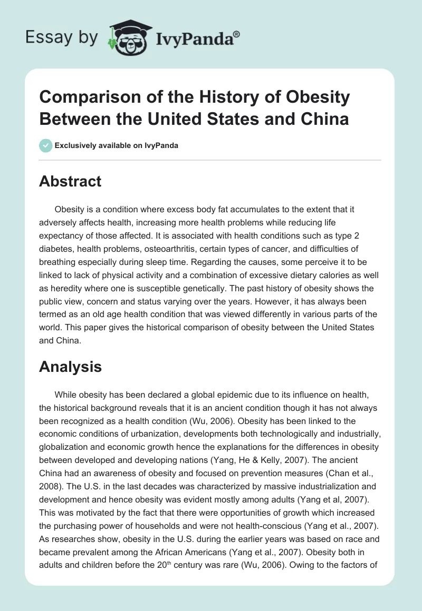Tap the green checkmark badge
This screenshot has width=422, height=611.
pos(46,145)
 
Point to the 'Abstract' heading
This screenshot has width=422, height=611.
pos(70,181)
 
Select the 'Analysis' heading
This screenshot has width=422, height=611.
pos(70,367)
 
